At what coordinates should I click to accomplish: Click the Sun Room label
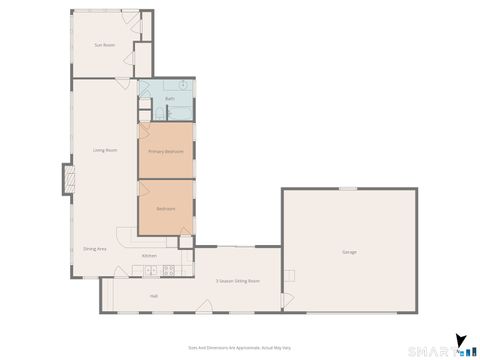pos(101,45)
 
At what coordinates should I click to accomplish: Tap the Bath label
pos(170,99)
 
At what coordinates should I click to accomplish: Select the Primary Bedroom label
pos(165,151)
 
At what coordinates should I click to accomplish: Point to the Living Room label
pos(105,151)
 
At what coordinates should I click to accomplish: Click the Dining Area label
pos(95,248)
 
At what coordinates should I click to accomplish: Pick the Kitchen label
pos(148,256)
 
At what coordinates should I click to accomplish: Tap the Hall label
pos(154,296)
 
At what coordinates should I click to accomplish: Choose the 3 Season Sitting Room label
pos(237,281)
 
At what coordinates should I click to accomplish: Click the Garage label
pos(348,252)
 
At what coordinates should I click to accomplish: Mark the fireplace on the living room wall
pos(68,180)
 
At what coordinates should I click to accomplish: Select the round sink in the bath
pos(183,85)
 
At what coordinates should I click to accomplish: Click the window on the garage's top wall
pos(347,188)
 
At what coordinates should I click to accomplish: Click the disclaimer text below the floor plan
pos(239,349)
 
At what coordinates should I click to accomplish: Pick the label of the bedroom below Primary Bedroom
pos(165,208)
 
